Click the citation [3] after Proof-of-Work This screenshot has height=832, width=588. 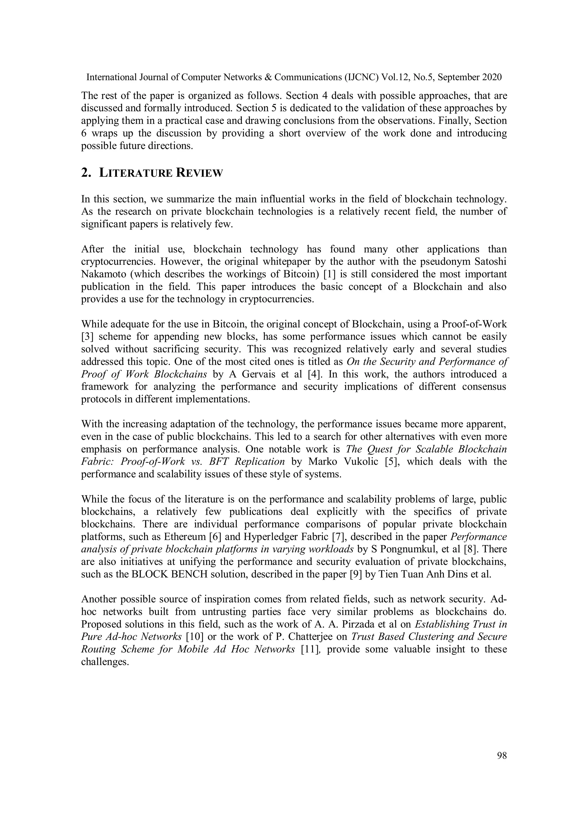click(x=87, y=337)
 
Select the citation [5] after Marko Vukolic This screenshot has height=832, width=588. click(x=392, y=462)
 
